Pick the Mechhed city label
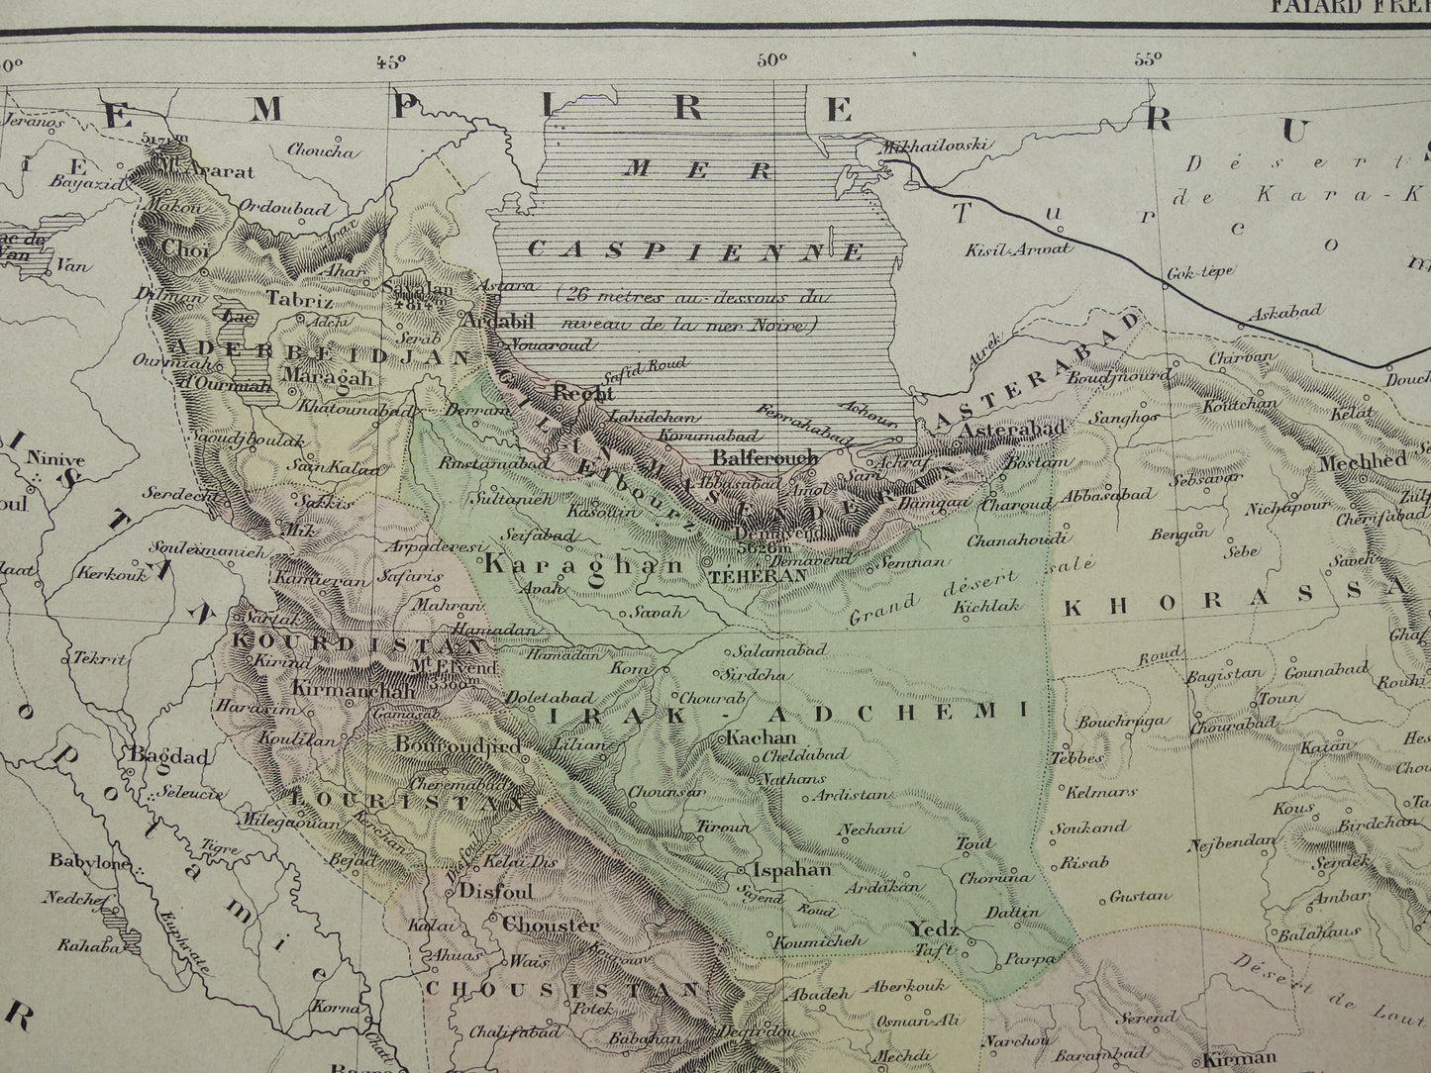click(x=1362, y=460)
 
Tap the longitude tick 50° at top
click(x=769, y=59)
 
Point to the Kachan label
click(x=761, y=737)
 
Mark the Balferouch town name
click(x=766, y=457)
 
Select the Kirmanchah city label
click(x=354, y=690)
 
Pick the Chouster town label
click(x=551, y=927)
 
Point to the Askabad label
click(x=1284, y=312)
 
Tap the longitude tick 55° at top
click(x=1147, y=58)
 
